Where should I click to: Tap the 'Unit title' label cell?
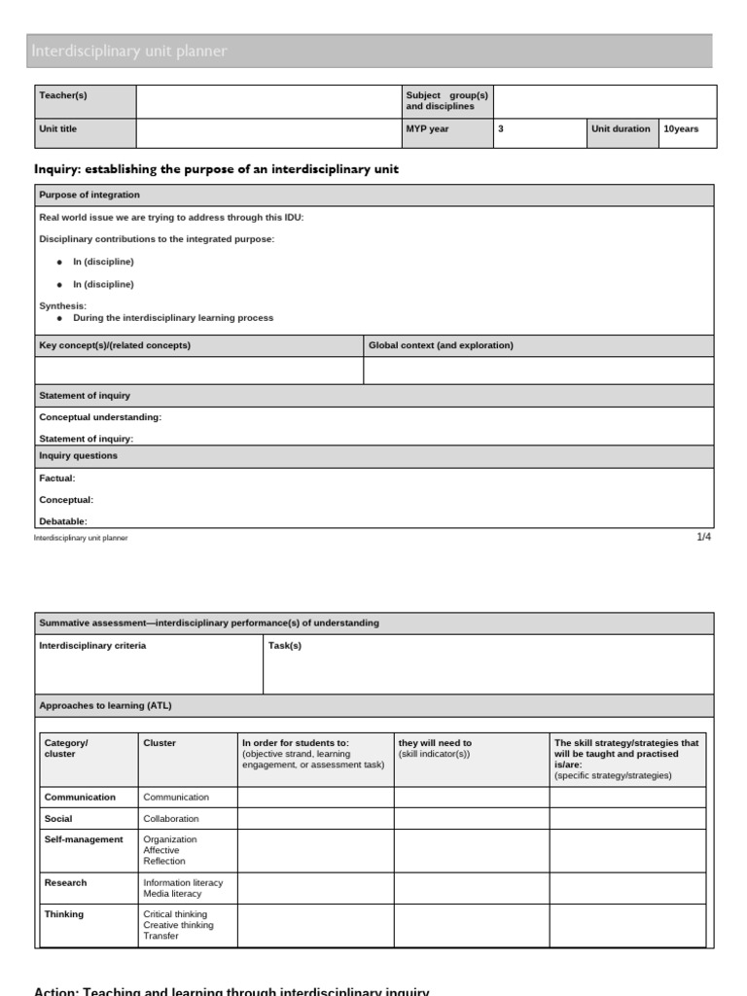[57, 129]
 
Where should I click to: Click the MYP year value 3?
[501, 129]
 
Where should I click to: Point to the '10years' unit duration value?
[681, 129]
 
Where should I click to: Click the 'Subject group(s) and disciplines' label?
[446, 100]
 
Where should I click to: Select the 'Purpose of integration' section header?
[89, 196]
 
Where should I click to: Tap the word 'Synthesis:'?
[62, 306]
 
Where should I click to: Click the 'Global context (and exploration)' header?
[441, 345]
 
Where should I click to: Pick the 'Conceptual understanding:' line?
[100, 417]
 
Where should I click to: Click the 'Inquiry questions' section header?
[78, 456]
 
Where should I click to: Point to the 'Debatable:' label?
[63, 521]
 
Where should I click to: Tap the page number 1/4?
[704, 536]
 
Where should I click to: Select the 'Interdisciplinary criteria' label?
[92, 646]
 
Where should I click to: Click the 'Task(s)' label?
[285, 646]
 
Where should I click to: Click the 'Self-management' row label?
[84, 839]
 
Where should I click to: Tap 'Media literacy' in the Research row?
[172, 894]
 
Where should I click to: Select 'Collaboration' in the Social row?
[171, 819]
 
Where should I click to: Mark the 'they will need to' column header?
[435, 743]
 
